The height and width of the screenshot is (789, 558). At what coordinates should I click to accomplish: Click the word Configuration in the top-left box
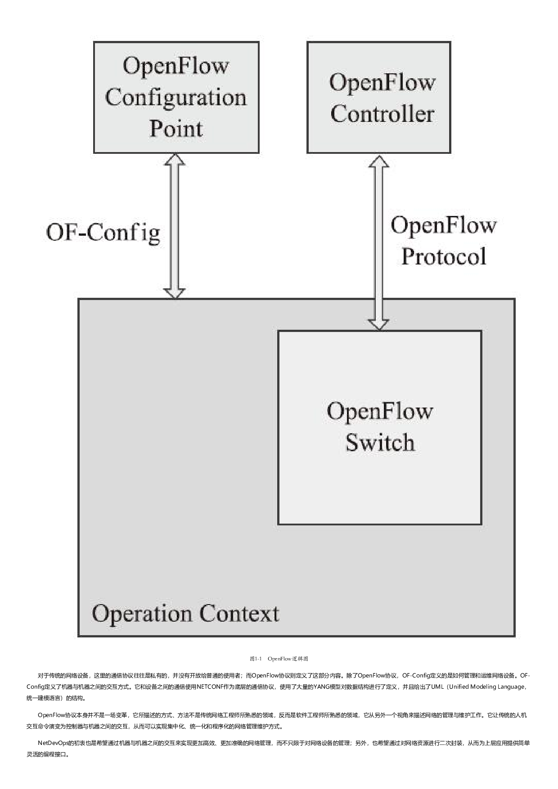[176, 98]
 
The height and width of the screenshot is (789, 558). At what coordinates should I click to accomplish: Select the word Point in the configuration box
[176, 129]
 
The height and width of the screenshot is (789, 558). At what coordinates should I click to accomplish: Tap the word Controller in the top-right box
[382, 113]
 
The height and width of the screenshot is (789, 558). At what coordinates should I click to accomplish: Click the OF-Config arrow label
[103, 233]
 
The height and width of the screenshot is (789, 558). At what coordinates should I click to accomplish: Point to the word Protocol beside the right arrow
[444, 256]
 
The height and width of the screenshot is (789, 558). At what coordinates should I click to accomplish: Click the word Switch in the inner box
[380, 443]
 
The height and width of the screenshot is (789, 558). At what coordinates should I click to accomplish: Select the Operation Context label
[185, 614]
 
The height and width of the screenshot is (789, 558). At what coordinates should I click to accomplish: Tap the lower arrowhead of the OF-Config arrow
[175, 292]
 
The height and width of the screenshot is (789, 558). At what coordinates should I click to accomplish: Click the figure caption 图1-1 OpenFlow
[279, 659]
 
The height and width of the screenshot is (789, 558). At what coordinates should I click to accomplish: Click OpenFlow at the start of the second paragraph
[51, 715]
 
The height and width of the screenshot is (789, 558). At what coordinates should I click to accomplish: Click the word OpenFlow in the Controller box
[382, 83]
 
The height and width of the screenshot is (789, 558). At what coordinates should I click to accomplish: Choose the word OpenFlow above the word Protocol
[444, 225]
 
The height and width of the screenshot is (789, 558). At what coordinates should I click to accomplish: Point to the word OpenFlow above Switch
[380, 411]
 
